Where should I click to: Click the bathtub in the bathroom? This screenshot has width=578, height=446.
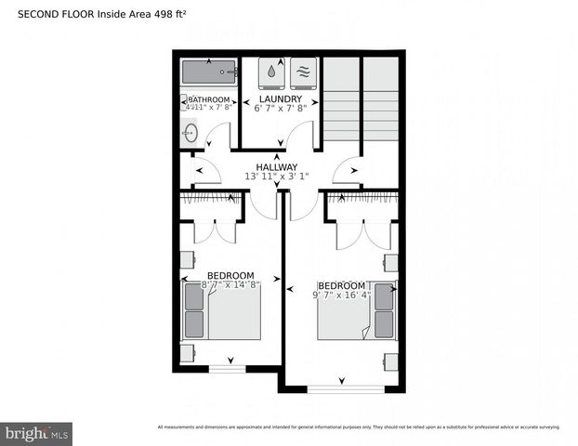(x=209, y=72)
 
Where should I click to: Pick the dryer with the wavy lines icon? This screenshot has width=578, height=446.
(x=303, y=72)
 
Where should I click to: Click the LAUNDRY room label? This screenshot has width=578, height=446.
(x=280, y=98)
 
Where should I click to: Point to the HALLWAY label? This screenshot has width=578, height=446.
(x=277, y=166)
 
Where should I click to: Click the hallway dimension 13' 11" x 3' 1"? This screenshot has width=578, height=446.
(x=277, y=177)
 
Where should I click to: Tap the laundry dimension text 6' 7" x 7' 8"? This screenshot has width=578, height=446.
(x=280, y=108)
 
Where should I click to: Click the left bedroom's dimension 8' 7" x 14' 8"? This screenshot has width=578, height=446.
(x=230, y=285)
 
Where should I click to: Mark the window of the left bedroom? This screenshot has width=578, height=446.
(x=227, y=369)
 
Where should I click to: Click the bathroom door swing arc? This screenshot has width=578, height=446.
(x=218, y=138)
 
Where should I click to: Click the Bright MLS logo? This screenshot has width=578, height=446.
(x=37, y=433)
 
